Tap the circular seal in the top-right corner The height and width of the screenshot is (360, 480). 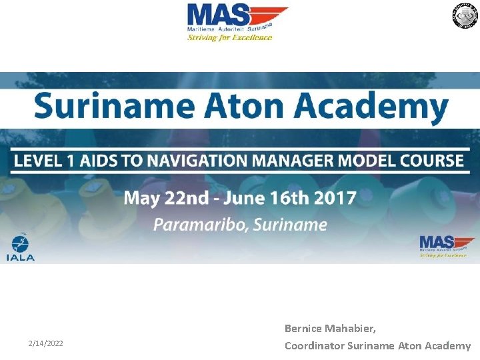pyautogui.click(x=465, y=15)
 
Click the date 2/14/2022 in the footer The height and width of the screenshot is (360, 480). pyautogui.click(x=46, y=343)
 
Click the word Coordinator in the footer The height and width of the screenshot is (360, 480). pyautogui.click(x=315, y=345)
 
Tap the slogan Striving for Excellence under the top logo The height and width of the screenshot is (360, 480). pyautogui.click(x=229, y=38)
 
